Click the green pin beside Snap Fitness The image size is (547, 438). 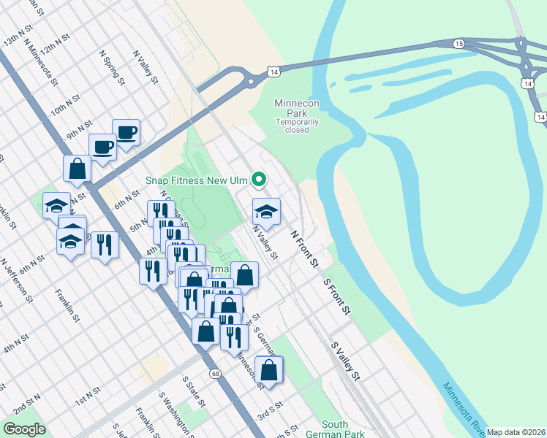[258, 179]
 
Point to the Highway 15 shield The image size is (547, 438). [459, 45]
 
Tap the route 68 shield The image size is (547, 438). [215, 374]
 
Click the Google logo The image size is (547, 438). [25, 429]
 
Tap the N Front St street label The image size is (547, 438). [305, 247]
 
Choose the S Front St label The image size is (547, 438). [337, 296]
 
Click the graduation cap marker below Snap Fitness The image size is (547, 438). [266, 212]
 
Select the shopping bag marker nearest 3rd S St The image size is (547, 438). [270, 370]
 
